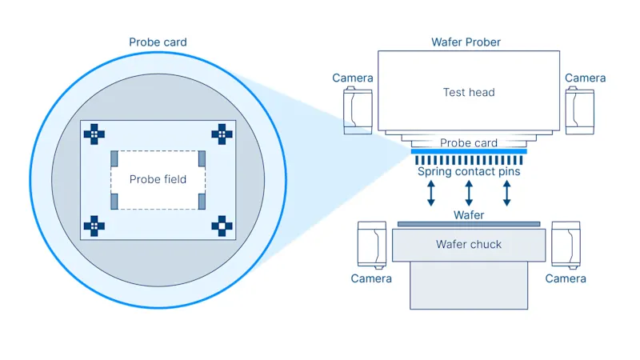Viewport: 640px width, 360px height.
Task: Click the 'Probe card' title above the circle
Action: click(158, 42)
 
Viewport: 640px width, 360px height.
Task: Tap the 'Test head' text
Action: click(469, 92)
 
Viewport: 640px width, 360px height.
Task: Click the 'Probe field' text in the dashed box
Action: click(158, 179)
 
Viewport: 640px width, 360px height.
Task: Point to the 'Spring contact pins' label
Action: click(469, 171)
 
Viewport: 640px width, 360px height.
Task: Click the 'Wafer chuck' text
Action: click(469, 244)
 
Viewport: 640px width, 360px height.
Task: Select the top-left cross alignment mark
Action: click(94, 133)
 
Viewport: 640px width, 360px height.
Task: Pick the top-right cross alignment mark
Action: click(222, 133)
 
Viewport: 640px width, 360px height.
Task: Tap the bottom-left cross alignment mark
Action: click(94, 226)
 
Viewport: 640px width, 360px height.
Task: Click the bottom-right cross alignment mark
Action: click(222, 226)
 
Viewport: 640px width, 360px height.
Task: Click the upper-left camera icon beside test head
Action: click(357, 110)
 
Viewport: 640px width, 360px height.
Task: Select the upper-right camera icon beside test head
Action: click(579, 110)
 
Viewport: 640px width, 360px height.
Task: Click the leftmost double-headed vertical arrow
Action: click(431, 193)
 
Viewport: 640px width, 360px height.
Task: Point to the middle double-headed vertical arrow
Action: click(469, 193)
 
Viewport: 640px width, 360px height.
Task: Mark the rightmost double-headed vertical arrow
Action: click(506, 193)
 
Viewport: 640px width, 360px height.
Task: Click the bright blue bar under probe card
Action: click(469, 151)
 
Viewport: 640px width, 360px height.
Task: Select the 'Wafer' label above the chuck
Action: click(469, 215)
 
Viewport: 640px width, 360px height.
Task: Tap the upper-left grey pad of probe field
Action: click(114, 158)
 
